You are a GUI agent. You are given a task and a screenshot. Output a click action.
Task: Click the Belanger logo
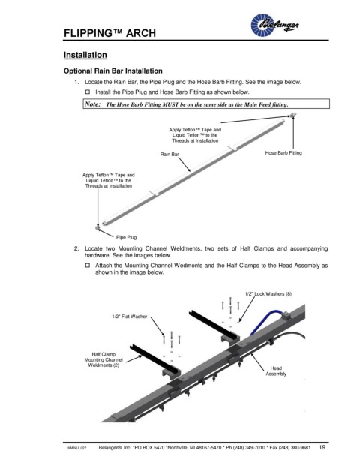tap(274, 25)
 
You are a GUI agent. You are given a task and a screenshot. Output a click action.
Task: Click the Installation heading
tap(85, 55)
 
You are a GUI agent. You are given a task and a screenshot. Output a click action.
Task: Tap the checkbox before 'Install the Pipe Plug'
tap(88, 92)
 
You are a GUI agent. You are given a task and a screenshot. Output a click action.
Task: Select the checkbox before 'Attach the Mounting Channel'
tap(88, 265)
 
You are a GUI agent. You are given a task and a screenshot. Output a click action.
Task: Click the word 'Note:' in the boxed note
tap(93, 104)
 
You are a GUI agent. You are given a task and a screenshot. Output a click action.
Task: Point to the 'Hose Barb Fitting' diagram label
tap(283, 153)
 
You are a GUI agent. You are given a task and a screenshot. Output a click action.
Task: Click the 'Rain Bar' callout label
tap(169, 154)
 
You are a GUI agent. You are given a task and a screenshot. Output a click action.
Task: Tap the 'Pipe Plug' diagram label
tap(126, 237)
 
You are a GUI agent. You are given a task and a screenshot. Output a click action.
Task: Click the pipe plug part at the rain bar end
tap(97, 228)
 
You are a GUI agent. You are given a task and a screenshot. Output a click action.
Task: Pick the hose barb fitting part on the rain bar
tap(293, 115)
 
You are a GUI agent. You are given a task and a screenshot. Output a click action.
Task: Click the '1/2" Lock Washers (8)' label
tap(268, 294)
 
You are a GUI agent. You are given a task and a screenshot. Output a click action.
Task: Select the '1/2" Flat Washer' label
tap(130, 317)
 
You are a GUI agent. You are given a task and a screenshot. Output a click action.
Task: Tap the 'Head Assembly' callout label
tap(276, 371)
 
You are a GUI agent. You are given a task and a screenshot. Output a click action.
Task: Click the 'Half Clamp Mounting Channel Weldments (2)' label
tap(103, 359)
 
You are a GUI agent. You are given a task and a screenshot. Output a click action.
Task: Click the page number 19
tap(322, 447)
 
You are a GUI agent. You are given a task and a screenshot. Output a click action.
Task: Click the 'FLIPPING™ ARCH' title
tap(109, 33)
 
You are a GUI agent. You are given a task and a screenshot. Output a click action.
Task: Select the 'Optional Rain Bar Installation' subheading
tap(112, 71)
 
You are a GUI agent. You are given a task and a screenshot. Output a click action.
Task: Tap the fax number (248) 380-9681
tap(299, 447)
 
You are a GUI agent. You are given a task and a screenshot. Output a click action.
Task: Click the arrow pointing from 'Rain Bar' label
tap(184, 164)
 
